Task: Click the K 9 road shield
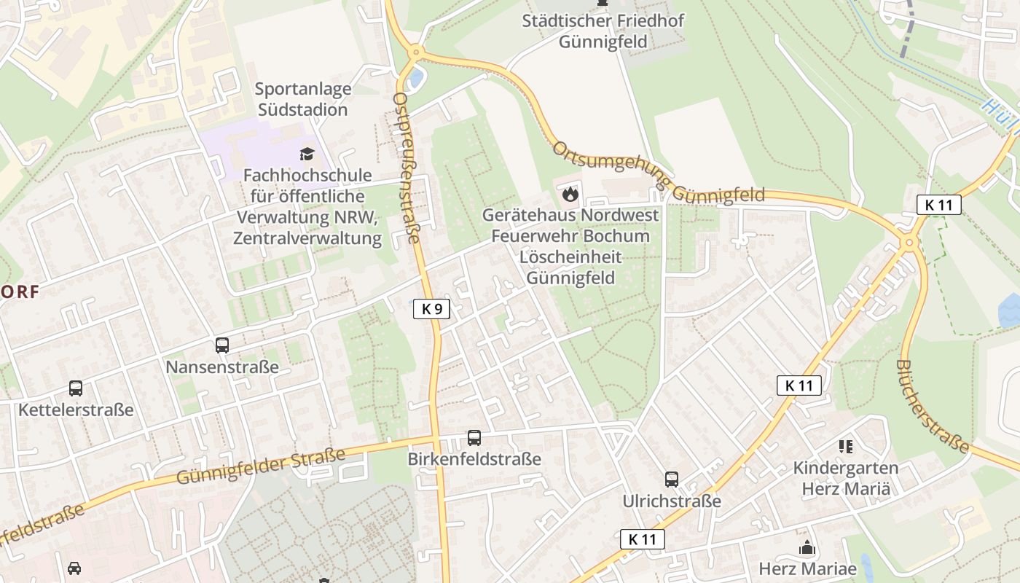point(432,309)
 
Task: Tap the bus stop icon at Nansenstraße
point(222,345)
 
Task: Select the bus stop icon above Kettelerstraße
point(76,388)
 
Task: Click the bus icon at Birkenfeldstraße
point(474,438)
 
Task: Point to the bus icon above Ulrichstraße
point(672,480)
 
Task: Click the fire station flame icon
point(570,194)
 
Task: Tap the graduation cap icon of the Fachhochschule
point(307,154)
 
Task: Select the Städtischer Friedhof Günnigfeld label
point(603,31)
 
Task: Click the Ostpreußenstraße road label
point(407,168)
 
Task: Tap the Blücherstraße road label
point(933,406)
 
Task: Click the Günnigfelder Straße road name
point(261,467)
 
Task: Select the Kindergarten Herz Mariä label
point(845,478)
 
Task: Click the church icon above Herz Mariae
point(807,547)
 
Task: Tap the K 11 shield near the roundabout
point(938,205)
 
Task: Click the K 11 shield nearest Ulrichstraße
point(643,539)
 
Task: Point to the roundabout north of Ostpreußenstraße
point(416,52)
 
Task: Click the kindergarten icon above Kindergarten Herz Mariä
point(845,446)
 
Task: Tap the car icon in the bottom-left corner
point(74,568)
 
